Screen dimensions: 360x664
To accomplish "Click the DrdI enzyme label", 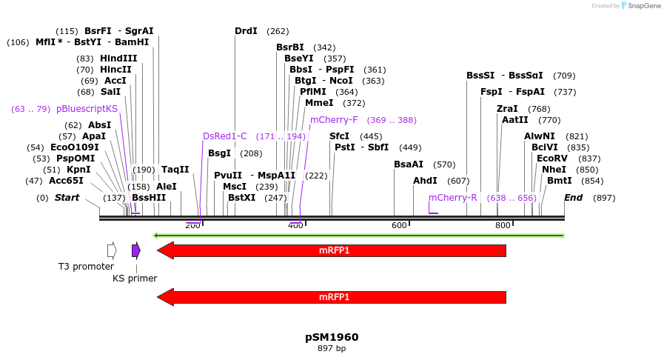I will (246, 31).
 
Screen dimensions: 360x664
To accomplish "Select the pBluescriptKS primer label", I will (87, 109).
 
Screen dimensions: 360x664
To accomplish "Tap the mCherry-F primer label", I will (334, 120).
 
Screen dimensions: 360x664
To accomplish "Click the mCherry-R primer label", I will (453, 198).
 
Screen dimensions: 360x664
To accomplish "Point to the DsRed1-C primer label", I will (225, 136).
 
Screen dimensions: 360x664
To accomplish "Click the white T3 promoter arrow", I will (112, 250).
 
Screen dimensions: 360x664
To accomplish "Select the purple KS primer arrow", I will (136, 250).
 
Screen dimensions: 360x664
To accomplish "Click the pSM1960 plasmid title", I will (332, 337).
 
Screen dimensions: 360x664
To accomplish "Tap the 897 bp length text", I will (332, 348).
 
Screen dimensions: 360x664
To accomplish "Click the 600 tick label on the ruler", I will (399, 225).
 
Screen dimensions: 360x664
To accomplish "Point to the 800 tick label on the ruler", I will (503, 225).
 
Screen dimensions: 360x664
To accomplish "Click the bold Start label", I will (67, 198).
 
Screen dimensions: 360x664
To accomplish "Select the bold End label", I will (573, 198).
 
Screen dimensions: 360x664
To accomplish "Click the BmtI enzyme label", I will (560, 181).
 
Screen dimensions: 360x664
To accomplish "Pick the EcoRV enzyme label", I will (552, 159).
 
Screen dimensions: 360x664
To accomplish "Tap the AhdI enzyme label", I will (426, 181).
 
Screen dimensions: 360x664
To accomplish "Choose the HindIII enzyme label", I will (118, 59).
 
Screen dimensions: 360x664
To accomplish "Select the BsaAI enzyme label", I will (409, 164).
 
